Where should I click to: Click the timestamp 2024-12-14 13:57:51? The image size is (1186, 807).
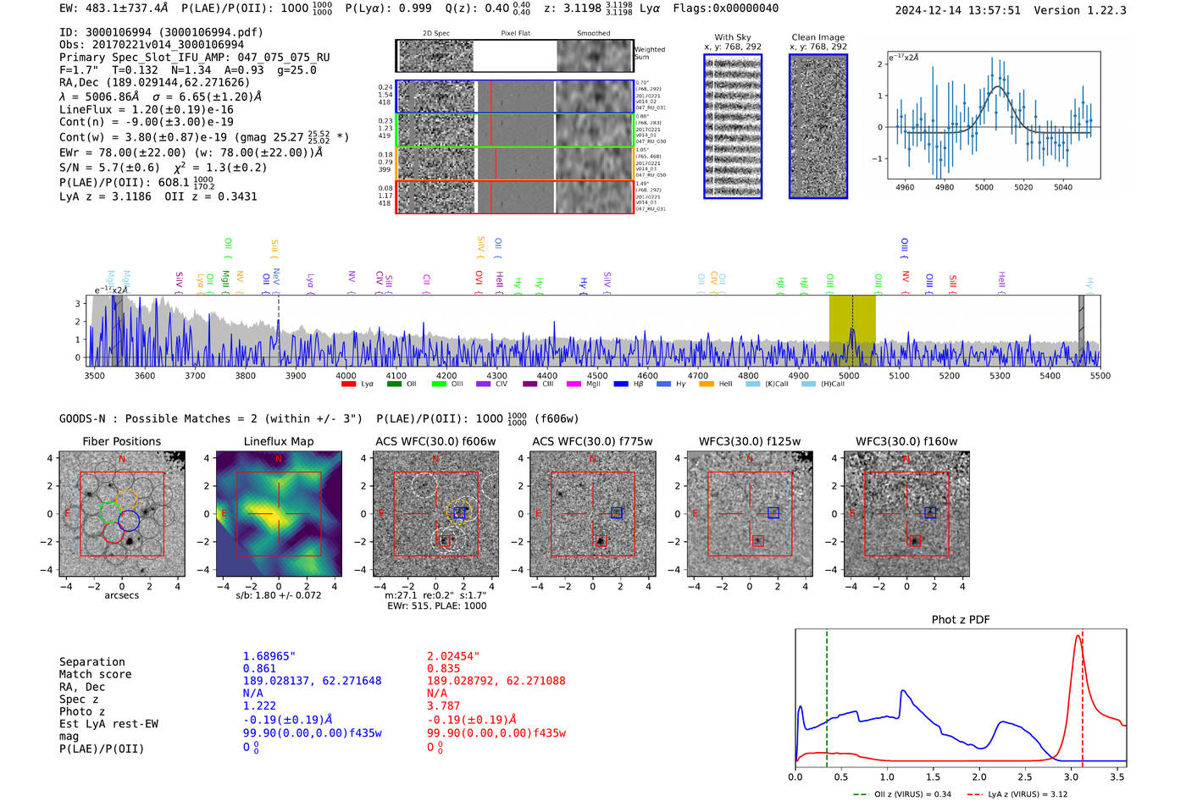click(957, 10)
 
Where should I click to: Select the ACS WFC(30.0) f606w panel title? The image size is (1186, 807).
click(435, 441)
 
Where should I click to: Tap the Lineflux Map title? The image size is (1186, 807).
click(278, 441)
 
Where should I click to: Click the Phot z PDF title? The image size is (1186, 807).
click(960, 620)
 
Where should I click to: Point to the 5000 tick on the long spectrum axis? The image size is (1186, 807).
click(848, 376)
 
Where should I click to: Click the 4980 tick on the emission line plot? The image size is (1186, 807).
click(944, 187)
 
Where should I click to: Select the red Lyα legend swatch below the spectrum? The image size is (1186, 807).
click(348, 384)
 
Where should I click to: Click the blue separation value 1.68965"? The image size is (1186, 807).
click(269, 656)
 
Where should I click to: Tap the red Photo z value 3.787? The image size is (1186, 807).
click(443, 705)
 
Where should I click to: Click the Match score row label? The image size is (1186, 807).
click(95, 675)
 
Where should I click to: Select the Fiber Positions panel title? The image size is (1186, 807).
click(121, 441)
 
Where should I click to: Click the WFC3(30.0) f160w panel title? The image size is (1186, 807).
click(906, 441)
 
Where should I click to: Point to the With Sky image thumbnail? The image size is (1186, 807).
click(733, 126)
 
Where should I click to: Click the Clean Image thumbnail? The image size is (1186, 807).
click(817, 126)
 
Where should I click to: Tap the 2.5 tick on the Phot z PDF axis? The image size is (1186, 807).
click(1025, 777)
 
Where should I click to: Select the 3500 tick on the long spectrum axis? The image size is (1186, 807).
click(94, 376)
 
